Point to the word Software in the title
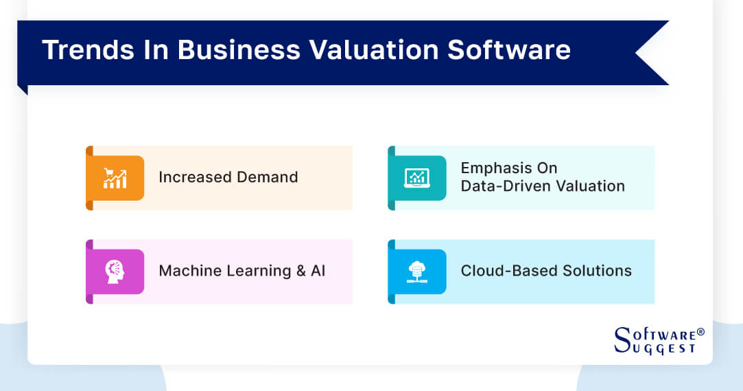tap(520, 51)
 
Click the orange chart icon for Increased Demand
tap(115, 178)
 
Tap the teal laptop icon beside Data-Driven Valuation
tap(416, 178)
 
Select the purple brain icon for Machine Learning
tap(115, 271)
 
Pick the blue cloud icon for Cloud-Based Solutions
tap(416, 271)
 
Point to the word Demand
tap(268, 177)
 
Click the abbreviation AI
tap(318, 271)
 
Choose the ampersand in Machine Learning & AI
tap(300, 271)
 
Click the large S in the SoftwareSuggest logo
tap(622, 339)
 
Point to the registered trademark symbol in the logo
tap(700, 333)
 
